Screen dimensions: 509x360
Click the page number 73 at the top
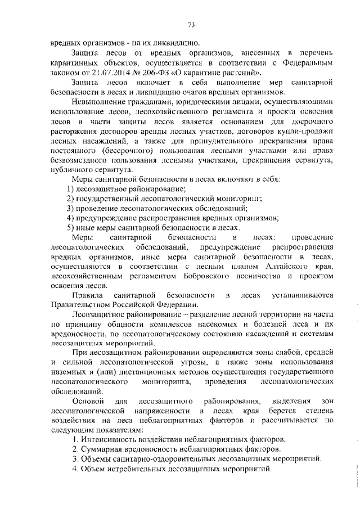coord(191,25)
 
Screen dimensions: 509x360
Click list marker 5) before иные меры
coord(70,228)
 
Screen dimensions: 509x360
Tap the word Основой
coord(89,402)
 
